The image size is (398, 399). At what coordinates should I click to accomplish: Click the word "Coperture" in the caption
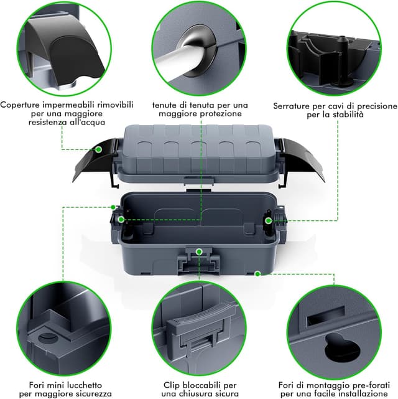click(21, 105)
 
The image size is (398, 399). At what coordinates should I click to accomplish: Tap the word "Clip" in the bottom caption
click(172, 385)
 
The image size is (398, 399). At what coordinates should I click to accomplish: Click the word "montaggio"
click(319, 385)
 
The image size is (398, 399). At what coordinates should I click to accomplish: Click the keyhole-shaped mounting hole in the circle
click(341, 347)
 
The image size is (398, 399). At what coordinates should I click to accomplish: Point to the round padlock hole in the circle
click(47, 338)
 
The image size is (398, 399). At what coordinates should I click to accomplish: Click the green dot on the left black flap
click(98, 149)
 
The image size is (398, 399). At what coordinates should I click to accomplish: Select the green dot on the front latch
click(199, 252)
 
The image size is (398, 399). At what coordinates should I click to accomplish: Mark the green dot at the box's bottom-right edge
click(257, 274)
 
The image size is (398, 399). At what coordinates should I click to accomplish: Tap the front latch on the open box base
click(199, 261)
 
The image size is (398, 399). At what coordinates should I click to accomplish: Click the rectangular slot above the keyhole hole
click(326, 315)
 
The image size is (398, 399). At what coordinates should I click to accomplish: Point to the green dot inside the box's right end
click(268, 220)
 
